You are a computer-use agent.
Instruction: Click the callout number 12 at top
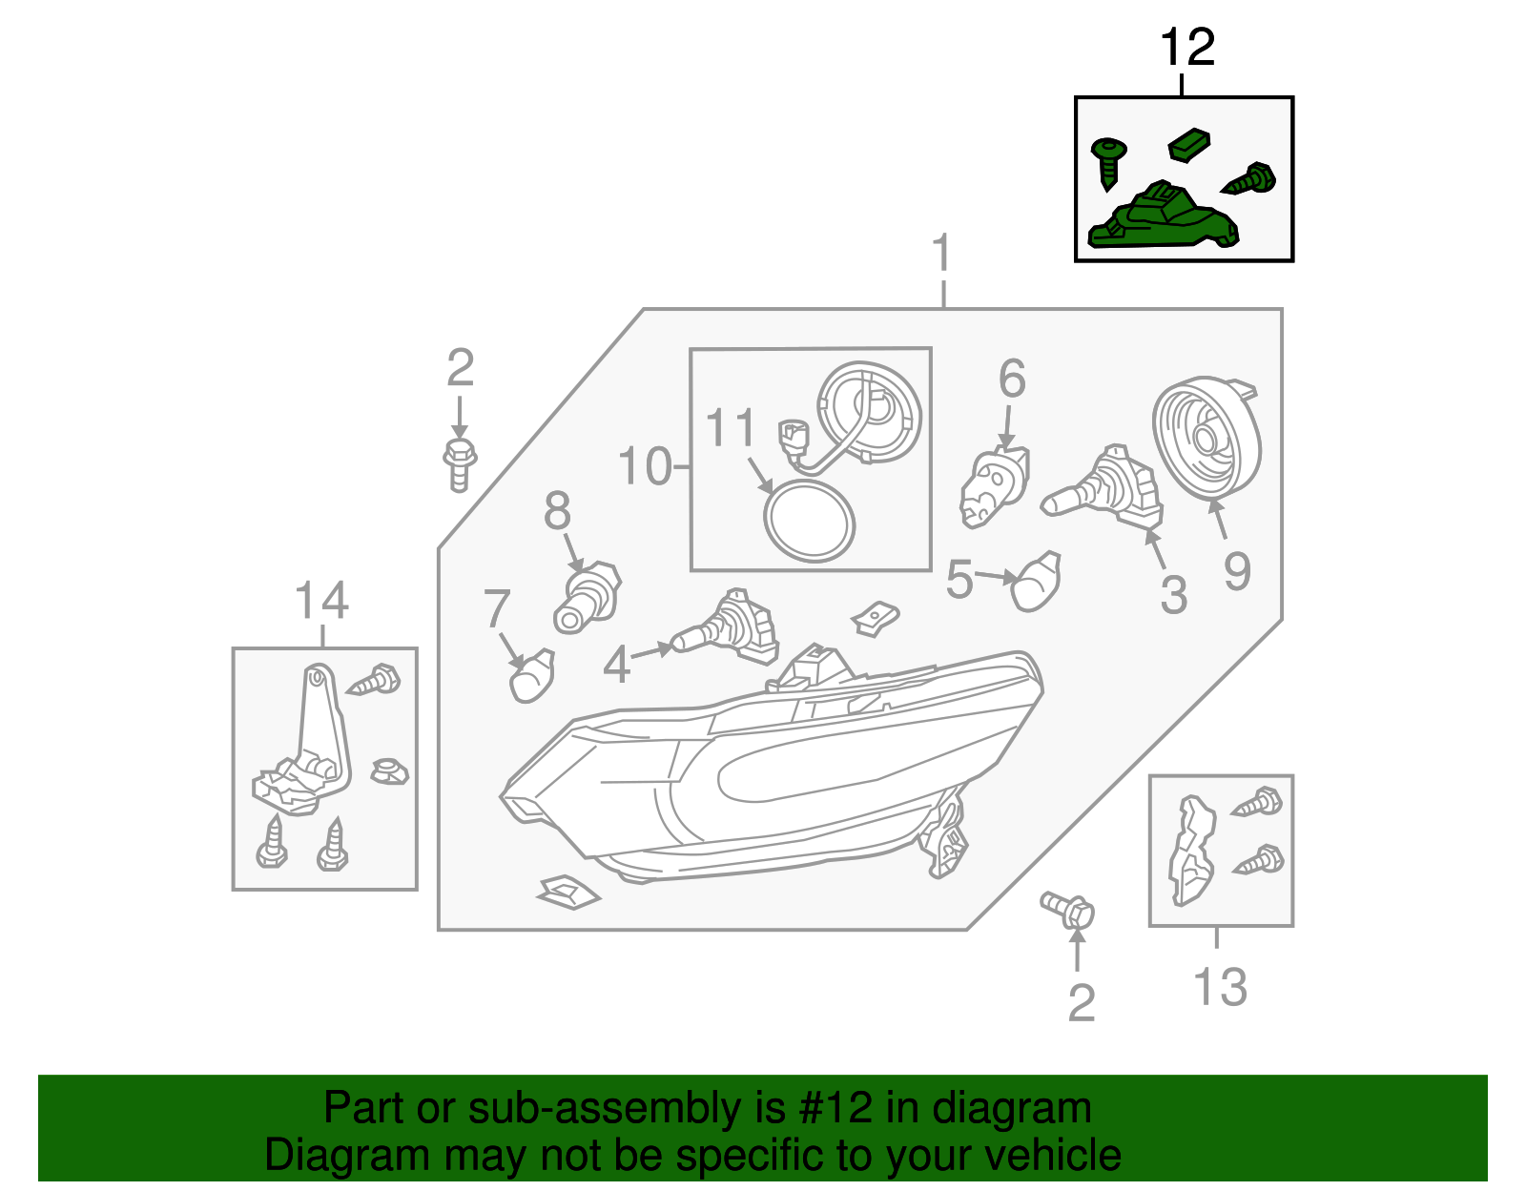click(1187, 48)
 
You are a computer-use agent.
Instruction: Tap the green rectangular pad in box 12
click(1189, 145)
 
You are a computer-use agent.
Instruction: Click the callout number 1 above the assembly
click(941, 254)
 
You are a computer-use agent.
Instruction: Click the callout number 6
click(1012, 379)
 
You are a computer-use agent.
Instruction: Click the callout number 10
click(645, 466)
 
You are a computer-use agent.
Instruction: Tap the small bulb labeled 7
click(532, 675)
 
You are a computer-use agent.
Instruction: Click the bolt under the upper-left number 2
click(460, 464)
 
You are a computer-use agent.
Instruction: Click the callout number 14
click(321, 601)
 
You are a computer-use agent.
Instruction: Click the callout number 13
click(1220, 987)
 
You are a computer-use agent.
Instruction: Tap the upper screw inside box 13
click(1258, 802)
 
